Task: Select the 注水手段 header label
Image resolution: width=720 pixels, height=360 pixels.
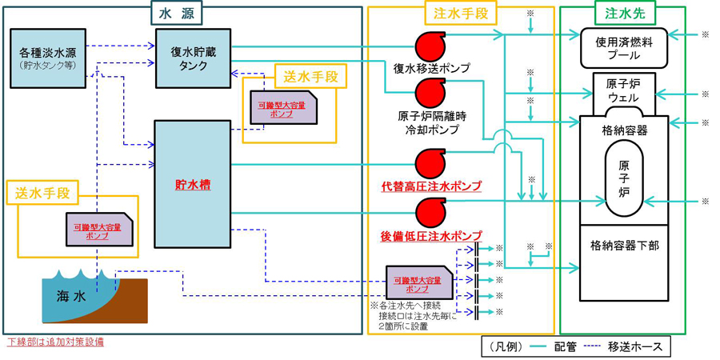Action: tap(459, 13)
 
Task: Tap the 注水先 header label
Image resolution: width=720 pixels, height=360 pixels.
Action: tap(622, 13)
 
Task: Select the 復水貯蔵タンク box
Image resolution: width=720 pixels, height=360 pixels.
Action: tap(193, 58)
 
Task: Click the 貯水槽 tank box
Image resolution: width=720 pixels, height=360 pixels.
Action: tap(192, 183)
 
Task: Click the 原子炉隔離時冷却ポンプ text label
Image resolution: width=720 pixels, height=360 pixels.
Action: tap(433, 122)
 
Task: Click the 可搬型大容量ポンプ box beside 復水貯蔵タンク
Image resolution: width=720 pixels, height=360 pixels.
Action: tap(282, 110)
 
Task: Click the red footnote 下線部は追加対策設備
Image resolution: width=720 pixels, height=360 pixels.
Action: tap(55, 342)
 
